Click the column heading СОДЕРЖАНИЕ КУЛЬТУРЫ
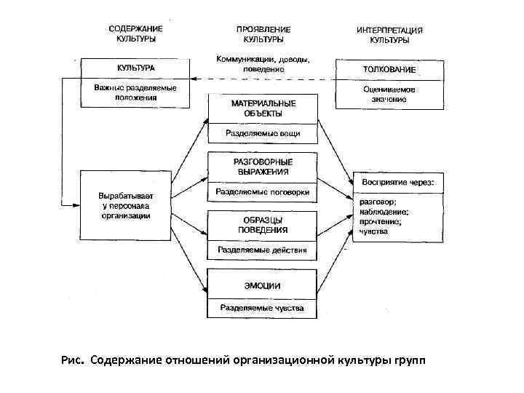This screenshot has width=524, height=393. coord(135,34)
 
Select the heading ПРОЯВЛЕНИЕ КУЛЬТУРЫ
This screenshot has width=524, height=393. coord(263,33)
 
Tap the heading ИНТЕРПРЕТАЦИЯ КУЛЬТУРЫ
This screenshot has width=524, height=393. coord(390,36)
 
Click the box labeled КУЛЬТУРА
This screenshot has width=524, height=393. coord(135,68)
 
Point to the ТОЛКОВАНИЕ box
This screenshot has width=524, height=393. coord(389,69)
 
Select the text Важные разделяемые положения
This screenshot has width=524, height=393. coord(135,92)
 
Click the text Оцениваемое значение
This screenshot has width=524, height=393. coord(389,93)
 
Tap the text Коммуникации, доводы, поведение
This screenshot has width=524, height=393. coord(263,63)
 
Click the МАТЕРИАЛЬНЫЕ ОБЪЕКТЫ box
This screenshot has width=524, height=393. coord(263,108)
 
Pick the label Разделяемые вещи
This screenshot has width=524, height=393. coord(263,134)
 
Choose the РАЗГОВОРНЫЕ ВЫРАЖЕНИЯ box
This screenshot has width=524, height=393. coord(263,167)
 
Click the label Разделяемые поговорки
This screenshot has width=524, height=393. coord(263,193)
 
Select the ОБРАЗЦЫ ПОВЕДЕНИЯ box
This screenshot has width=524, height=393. coord(263,224)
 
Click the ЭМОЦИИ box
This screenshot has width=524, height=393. coord(263,285)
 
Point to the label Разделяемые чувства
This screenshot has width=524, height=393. coord(263,309)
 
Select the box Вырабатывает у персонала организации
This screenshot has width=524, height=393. coord(126,205)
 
